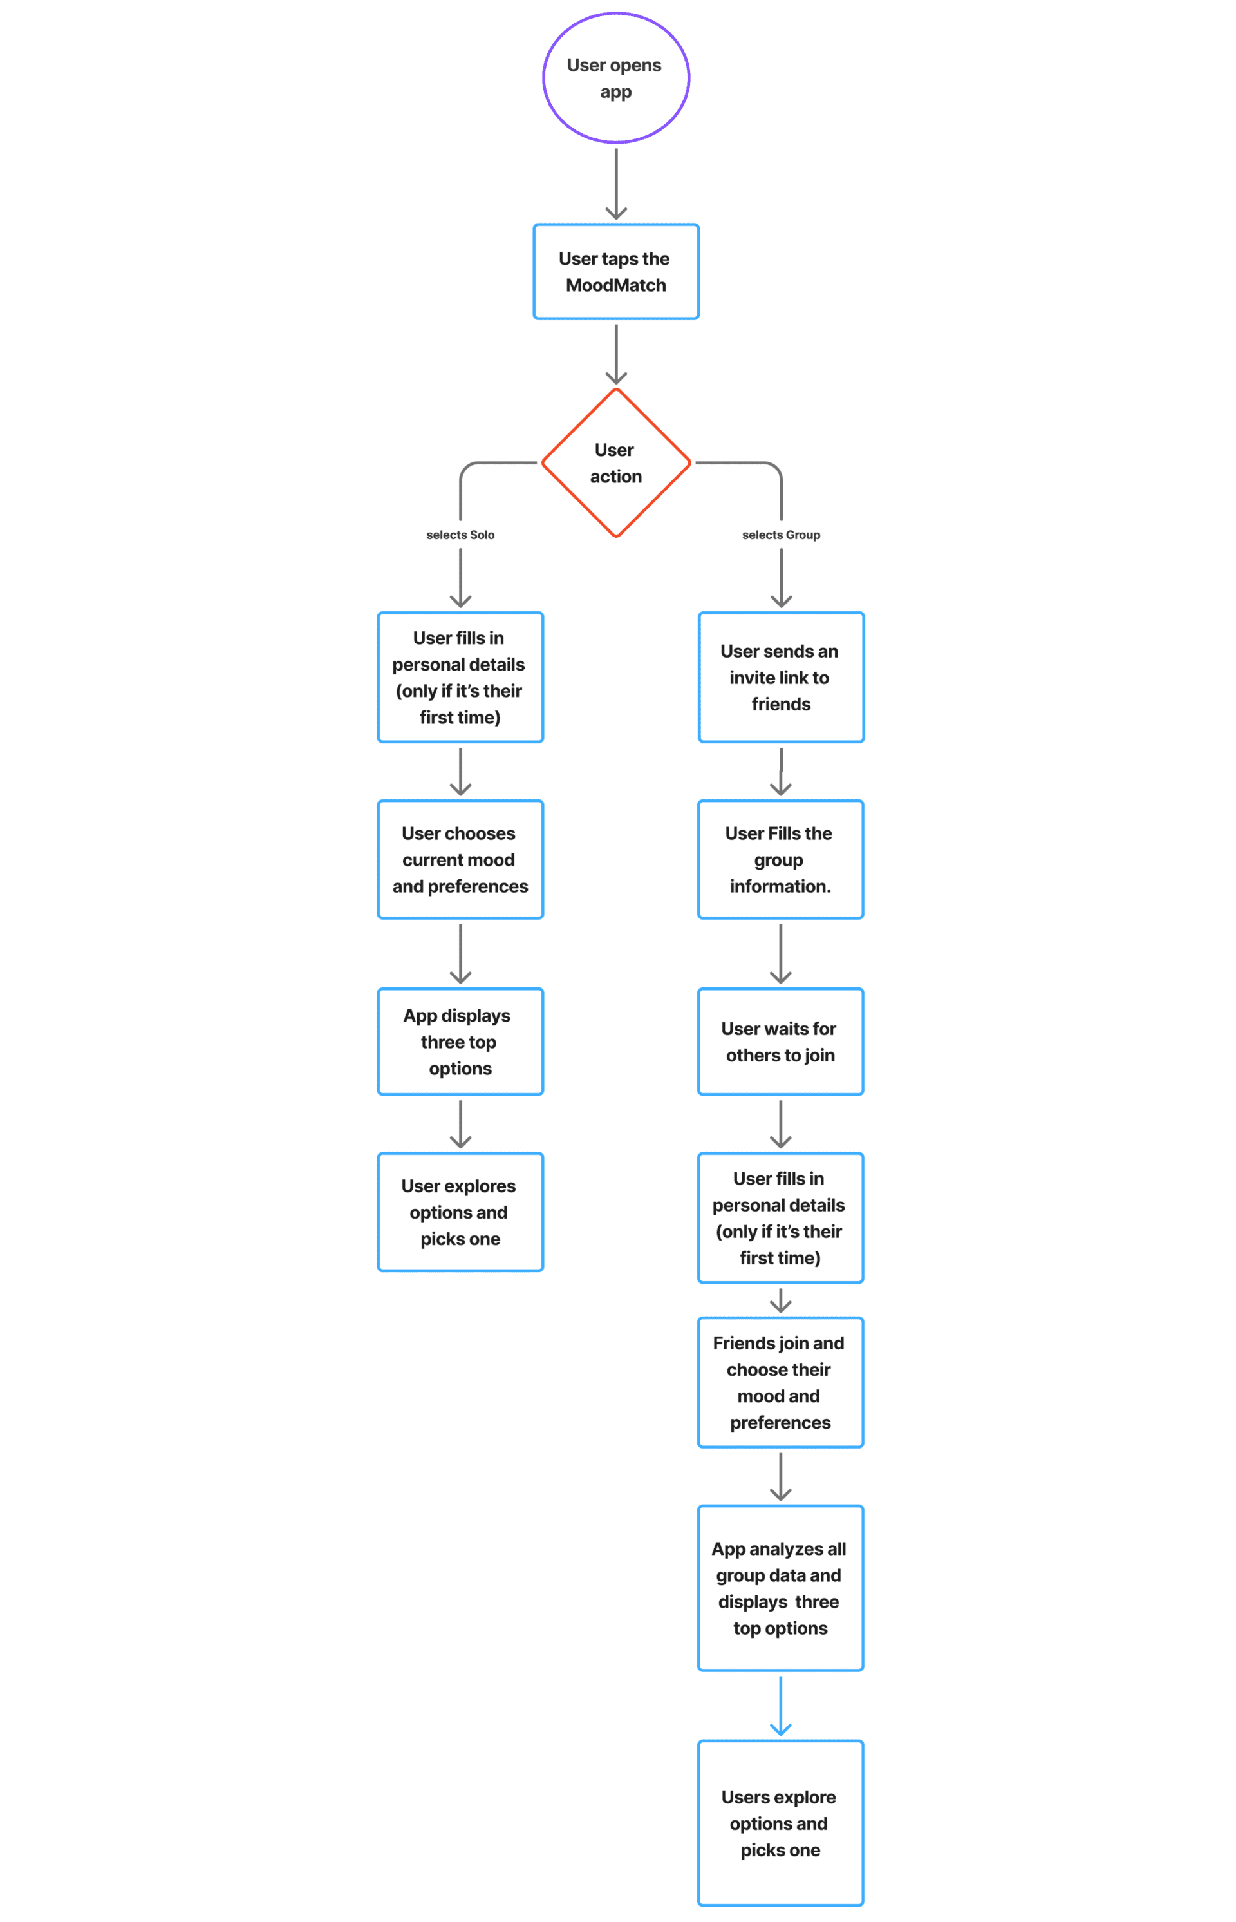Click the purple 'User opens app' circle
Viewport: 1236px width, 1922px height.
click(615, 78)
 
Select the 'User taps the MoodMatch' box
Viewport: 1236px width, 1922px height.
click(615, 271)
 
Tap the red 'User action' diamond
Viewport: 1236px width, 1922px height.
click(615, 462)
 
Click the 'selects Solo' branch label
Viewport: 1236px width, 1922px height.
click(460, 535)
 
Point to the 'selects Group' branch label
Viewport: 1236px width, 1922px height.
click(781, 535)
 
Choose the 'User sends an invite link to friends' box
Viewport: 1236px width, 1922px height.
click(781, 677)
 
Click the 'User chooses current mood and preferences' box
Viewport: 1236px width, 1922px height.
click(460, 859)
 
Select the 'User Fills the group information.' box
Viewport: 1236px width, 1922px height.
click(780, 859)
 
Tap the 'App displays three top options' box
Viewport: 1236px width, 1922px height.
click(460, 1042)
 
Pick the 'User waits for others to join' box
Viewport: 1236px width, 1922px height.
click(780, 1042)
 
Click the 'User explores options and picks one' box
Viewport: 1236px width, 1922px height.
click(460, 1212)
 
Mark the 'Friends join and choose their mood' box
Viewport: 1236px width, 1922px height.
click(780, 1382)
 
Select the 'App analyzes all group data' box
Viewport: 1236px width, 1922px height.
click(780, 1587)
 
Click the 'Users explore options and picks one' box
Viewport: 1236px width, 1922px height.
click(780, 1822)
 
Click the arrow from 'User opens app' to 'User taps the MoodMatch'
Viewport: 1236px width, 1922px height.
click(615, 184)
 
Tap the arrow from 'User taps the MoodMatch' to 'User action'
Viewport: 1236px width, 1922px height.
click(615, 353)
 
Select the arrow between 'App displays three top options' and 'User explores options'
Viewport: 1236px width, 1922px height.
click(460, 1123)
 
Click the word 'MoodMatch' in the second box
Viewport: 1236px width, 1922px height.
click(615, 285)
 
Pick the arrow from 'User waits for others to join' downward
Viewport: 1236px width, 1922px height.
click(780, 1123)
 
